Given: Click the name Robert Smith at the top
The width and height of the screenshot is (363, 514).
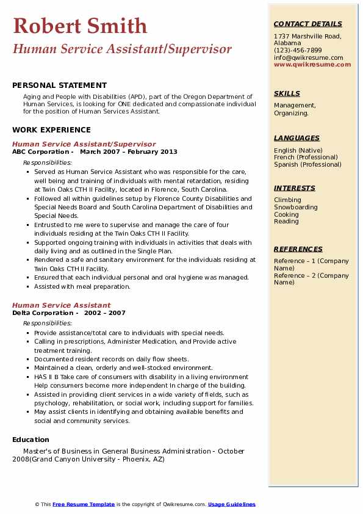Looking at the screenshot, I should (x=80, y=26).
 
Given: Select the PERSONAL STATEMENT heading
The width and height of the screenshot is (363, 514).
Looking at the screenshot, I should (x=59, y=85).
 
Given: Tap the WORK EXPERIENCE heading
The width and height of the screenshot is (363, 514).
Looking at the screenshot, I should (x=51, y=129).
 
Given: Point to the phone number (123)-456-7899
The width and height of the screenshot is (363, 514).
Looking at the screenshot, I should (x=298, y=50).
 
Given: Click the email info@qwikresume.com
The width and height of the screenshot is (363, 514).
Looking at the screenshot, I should (x=308, y=57).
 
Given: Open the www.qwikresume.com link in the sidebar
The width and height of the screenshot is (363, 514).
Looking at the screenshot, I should (x=308, y=64).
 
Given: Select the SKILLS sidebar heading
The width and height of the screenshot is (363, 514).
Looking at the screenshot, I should (x=287, y=93).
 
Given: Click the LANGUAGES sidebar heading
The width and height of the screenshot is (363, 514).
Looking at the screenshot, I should (x=297, y=138).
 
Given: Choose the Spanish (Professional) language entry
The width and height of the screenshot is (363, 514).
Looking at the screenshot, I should (x=307, y=164).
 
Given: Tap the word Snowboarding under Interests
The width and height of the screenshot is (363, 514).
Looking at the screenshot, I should (x=296, y=207).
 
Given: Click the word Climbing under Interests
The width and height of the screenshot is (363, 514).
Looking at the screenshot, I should (x=287, y=200).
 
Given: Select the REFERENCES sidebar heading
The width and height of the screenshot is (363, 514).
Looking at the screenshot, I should (x=298, y=249).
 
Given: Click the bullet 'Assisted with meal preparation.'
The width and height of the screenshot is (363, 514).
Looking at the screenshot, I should (x=82, y=286).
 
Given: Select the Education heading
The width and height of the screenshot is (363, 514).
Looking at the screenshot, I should (x=31, y=440).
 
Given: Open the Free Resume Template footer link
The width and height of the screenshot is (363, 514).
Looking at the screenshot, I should (x=84, y=504).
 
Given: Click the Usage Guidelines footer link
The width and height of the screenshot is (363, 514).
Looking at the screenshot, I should (x=232, y=504).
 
